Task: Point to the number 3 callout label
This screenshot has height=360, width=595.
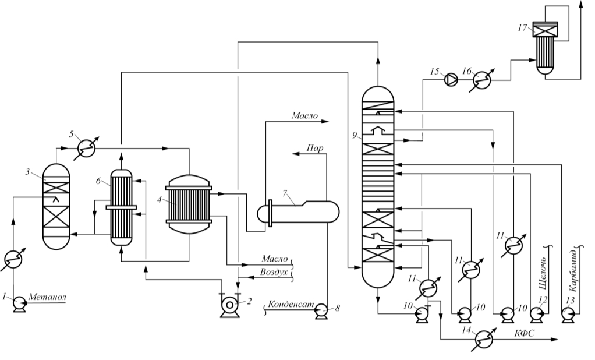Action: click(x=27, y=172)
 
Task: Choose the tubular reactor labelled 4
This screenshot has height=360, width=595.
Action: click(x=189, y=204)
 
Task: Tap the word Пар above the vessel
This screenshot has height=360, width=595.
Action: click(x=314, y=148)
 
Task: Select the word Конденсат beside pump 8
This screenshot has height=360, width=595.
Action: click(x=291, y=304)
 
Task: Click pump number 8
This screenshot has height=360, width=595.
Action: click(x=322, y=312)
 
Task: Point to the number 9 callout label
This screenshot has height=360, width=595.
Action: click(x=354, y=135)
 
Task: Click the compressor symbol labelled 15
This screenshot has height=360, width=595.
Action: click(x=451, y=79)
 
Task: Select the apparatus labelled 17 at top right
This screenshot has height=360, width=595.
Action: click(x=545, y=48)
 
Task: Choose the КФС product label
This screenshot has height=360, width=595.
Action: click(x=525, y=334)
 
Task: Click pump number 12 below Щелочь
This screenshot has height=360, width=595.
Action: click(x=537, y=313)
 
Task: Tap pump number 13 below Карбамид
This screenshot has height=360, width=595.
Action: click(x=568, y=313)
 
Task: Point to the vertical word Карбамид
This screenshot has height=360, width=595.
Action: click(x=573, y=270)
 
